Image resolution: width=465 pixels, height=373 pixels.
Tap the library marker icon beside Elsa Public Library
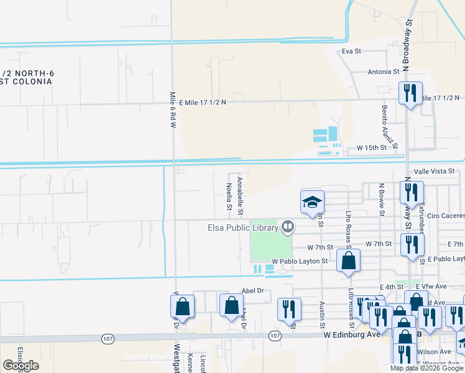point(287,227)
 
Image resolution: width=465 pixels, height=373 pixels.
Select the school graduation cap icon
point(312,202)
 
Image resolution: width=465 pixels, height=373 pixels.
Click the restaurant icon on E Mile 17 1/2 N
point(410,94)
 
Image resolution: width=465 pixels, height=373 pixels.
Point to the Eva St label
point(352,51)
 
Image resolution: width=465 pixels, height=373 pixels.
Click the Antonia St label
point(383,71)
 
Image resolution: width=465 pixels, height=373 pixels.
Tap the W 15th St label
point(372,149)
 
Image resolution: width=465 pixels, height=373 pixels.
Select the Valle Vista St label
point(435,171)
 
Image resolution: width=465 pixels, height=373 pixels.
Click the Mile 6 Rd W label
point(173,110)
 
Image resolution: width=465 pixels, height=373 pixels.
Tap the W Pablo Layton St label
point(299,262)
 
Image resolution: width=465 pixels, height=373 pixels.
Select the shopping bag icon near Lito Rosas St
point(348,261)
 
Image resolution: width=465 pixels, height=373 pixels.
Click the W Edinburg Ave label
point(351,334)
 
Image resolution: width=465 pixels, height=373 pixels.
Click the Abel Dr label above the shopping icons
point(252,290)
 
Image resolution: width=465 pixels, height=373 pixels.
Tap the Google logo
point(21,366)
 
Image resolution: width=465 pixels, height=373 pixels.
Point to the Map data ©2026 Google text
point(426,368)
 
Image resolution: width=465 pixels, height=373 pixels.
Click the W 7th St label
point(379,244)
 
